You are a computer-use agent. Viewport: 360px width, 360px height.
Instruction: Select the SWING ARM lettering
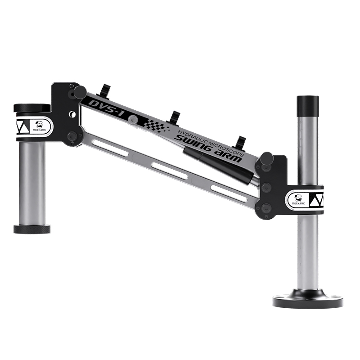point(208,148)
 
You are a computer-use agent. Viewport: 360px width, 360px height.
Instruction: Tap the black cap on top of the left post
point(32,108)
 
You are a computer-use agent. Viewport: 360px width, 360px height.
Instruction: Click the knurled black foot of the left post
point(32,229)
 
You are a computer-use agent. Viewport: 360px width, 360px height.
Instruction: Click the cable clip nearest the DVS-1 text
point(106,90)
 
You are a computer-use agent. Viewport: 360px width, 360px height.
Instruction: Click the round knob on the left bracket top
point(80,92)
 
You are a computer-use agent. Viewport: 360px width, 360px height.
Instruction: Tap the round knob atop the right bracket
point(267,158)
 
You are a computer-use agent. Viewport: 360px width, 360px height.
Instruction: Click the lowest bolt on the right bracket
point(266,208)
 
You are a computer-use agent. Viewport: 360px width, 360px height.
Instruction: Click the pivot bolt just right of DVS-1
point(132,119)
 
